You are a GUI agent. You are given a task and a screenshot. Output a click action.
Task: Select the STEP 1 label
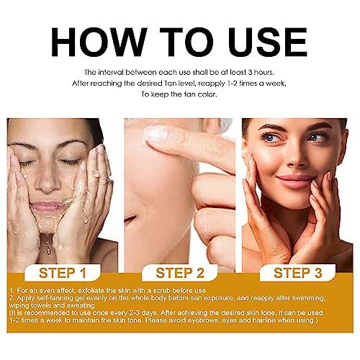pos(63,273)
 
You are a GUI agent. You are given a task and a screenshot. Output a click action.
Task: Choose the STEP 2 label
pos(180,273)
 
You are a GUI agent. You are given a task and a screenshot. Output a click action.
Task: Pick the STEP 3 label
pos(297,273)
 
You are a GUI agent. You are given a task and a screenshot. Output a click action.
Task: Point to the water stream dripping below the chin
pos(49,245)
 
